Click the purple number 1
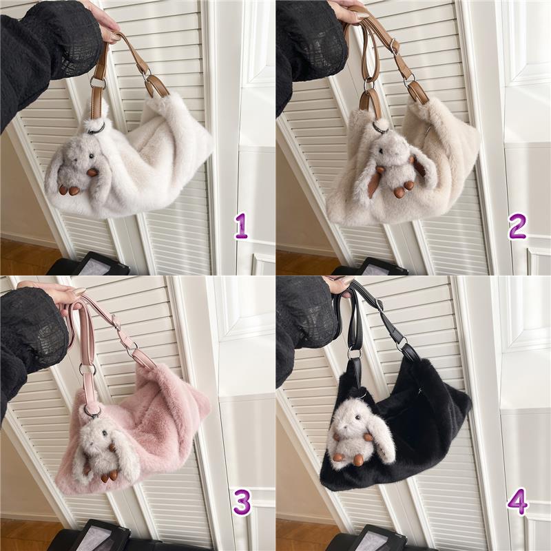242,227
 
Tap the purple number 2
517,227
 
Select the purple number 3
242,503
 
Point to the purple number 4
518,502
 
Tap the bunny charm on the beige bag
397,165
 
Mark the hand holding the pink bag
56,292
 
